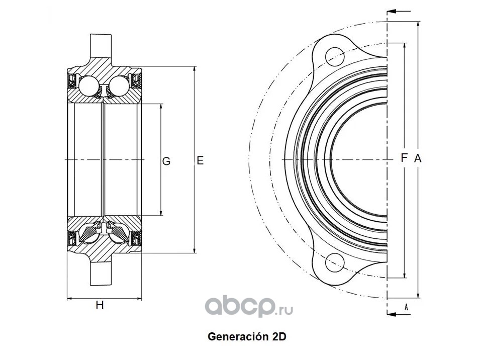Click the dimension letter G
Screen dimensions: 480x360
click(x=166, y=161)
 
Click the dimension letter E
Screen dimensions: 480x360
click(x=200, y=160)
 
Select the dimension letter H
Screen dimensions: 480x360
click(x=100, y=305)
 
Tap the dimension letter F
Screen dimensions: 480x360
click(x=404, y=158)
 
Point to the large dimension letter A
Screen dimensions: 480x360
click(x=418, y=158)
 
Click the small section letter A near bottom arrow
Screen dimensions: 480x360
click(x=406, y=307)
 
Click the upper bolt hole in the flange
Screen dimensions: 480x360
click(x=335, y=57)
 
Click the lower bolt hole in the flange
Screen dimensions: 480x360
click(x=335, y=262)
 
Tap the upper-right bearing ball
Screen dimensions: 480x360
click(x=119, y=85)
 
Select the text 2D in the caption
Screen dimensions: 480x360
click(x=278, y=336)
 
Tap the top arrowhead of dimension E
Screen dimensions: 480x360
click(x=195, y=69)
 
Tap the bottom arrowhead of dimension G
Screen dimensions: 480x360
click(x=161, y=213)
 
